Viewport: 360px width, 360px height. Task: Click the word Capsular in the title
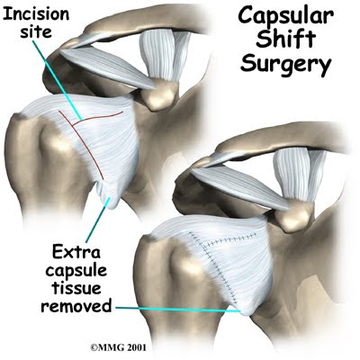tap(285, 17)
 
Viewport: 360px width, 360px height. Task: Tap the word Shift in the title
tap(285, 40)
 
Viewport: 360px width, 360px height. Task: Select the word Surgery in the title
tap(286, 65)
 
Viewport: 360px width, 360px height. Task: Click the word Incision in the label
tap(36, 13)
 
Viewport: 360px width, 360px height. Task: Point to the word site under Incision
tap(36, 31)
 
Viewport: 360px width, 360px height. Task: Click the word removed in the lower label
tap(76, 306)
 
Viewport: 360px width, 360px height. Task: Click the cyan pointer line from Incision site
tap(57, 80)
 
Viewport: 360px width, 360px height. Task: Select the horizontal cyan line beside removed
tap(178, 310)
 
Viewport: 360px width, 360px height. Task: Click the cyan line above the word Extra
tap(98, 220)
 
